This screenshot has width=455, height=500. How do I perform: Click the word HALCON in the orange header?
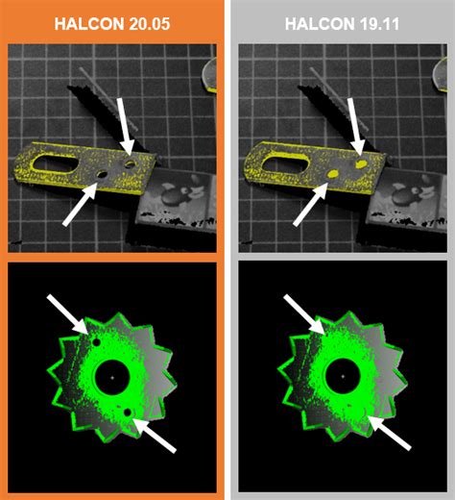click(x=84, y=24)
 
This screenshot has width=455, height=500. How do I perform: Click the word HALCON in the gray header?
click(x=315, y=24)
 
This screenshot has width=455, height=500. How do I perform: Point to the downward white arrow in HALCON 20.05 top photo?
click(x=126, y=127)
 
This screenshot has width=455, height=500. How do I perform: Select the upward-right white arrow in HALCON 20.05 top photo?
click(x=81, y=204)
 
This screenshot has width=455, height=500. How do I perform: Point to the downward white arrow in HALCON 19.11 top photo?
click(x=356, y=127)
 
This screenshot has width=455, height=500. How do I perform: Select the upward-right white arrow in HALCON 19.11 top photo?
click(x=311, y=204)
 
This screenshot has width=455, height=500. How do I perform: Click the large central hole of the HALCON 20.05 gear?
click(x=112, y=377)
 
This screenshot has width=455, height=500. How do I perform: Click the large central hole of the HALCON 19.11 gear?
click(x=343, y=376)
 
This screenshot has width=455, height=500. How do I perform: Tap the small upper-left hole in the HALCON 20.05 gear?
click(x=96, y=342)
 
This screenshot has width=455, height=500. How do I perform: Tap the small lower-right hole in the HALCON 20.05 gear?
click(x=128, y=412)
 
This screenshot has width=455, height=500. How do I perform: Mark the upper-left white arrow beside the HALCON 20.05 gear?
click(x=67, y=314)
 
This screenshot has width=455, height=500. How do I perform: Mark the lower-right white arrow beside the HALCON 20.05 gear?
click(x=155, y=436)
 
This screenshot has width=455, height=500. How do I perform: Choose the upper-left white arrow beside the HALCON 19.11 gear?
click(x=304, y=314)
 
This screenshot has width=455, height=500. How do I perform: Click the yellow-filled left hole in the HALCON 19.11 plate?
click(x=333, y=174)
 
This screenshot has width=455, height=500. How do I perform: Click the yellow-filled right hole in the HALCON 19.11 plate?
click(x=361, y=164)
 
